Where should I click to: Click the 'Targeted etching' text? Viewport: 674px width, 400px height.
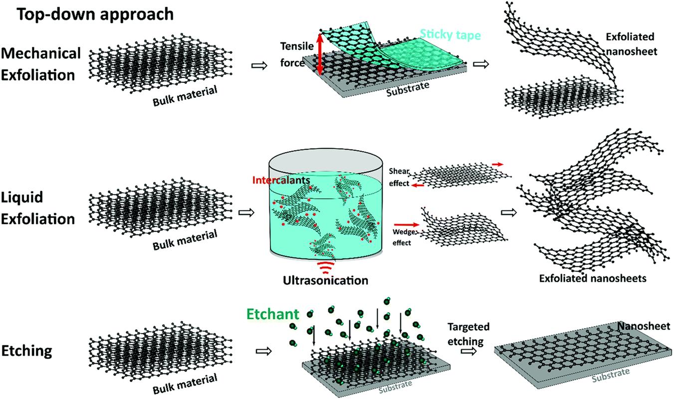[x=468, y=333]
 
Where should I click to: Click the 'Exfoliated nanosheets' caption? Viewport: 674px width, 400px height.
[x=593, y=278]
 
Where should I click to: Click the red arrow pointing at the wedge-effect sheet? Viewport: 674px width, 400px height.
[x=405, y=225]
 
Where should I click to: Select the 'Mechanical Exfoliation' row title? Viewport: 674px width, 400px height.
[x=41, y=64]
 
